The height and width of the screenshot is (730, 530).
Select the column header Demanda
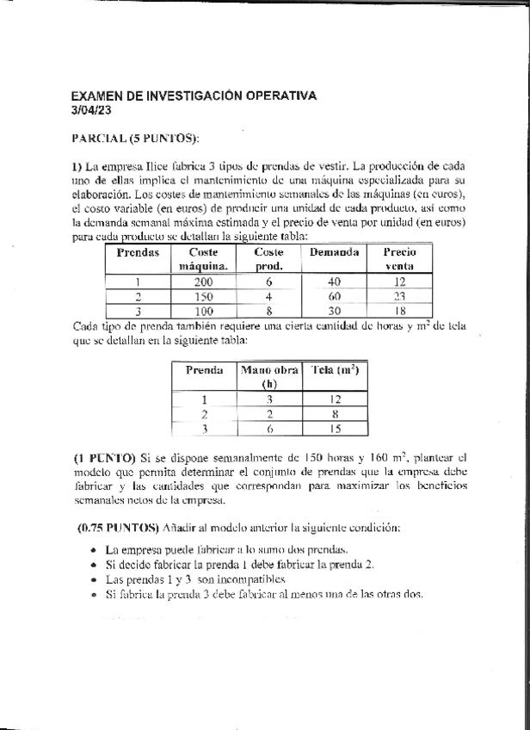click(x=334, y=252)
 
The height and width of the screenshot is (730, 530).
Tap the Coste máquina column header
click(x=203, y=259)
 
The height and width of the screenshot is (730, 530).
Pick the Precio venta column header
click(x=399, y=259)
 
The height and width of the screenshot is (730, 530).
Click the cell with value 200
click(x=203, y=281)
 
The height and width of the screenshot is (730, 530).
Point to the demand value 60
click(x=335, y=296)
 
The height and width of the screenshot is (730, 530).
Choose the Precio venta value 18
click(x=399, y=311)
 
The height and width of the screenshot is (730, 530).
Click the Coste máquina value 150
click(x=203, y=296)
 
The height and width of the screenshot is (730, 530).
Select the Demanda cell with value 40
click(x=335, y=281)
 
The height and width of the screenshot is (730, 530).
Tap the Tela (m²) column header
click(x=335, y=370)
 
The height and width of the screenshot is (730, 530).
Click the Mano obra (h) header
click(x=268, y=377)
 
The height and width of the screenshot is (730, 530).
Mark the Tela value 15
click(x=335, y=428)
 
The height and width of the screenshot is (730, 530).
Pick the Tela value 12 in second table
click(x=335, y=399)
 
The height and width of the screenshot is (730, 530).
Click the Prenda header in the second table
click(x=204, y=370)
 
